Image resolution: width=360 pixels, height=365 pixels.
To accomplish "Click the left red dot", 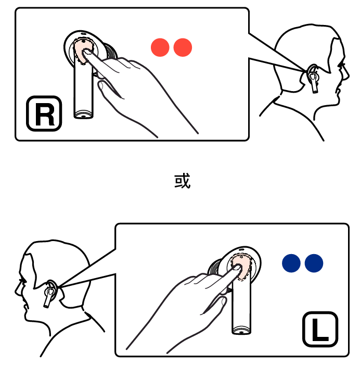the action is click(x=160, y=47).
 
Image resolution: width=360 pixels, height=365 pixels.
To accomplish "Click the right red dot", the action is click(x=183, y=47).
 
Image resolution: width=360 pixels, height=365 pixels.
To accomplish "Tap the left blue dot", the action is click(x=291, y=263).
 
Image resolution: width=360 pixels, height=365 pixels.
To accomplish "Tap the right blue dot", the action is click(x=314, y=263).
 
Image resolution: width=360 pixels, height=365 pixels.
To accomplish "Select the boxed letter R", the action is click(x=44, y=114).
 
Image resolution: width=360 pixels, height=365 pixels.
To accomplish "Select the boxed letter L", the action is click(x=320, y=329).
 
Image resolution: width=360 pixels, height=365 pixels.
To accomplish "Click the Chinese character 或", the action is click(x=183, y=181).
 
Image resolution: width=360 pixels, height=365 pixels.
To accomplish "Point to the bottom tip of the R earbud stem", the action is click(x=83, y=117).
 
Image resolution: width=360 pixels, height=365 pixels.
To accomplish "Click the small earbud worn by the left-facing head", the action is click(x=49, y=294).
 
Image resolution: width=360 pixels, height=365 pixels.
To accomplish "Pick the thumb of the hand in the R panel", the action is click(x=109, y=89).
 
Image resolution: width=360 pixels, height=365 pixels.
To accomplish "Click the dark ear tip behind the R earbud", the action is click(x=111, y=52).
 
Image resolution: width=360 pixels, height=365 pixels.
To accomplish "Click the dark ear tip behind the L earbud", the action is click(x=214, y=267).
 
